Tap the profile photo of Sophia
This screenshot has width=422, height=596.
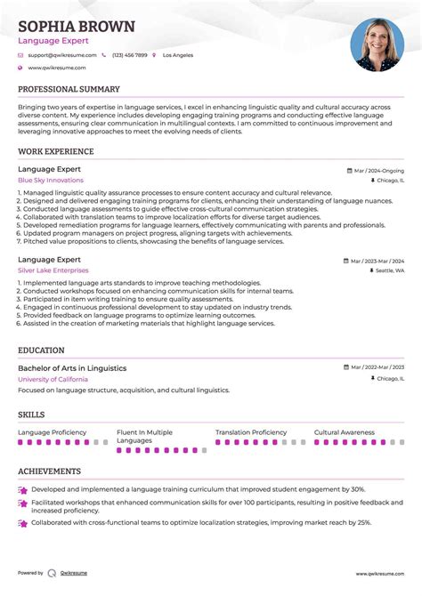click(x=377, y=45)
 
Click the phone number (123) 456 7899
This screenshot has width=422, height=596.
click(x=130, y=55)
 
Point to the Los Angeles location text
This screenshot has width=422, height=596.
click(x=177, y=55)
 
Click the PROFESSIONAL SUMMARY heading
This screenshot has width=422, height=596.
click(x=69, y=90)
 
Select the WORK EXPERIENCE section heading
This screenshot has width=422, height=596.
click(x=56, y=152)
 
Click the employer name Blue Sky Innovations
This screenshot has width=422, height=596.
click(x=51, y=180)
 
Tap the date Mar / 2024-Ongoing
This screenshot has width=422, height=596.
click(x=377, y=170)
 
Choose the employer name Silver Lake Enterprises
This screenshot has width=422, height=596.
click(x=53, y=270)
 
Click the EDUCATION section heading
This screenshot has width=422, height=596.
click(x=41, y=350)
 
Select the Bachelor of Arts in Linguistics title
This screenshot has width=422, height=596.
click(x=72, y=368)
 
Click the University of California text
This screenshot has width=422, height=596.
click(x=53, y=379)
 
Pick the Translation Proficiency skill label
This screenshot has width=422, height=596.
click(x=251, y=432)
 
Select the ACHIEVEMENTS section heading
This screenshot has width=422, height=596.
click(x=50, y=471)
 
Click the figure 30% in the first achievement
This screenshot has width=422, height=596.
click(x=358, y=489)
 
